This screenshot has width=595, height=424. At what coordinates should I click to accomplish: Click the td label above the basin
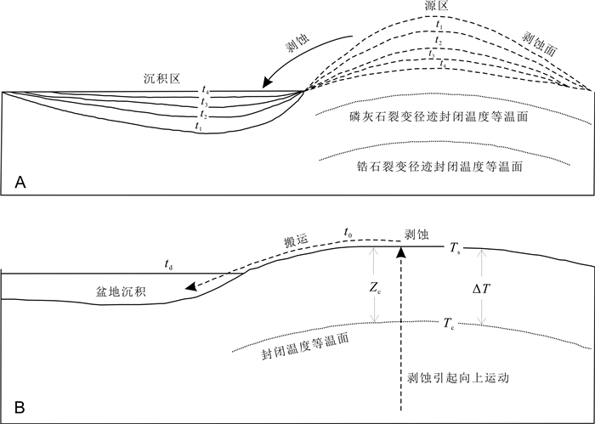tap(170, 266)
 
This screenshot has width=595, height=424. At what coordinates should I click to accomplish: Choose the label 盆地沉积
tap(120, 291)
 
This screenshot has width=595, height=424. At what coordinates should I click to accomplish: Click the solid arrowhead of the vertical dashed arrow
tap(403, 252)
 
